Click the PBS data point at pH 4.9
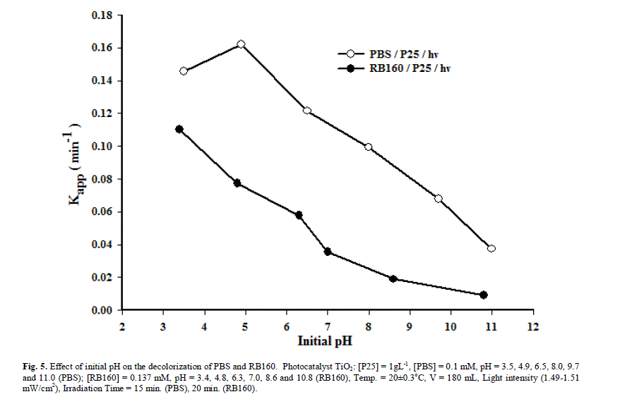(241, 44)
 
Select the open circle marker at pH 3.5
(184, 71)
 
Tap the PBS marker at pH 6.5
(307, 111)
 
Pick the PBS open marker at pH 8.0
(369, 147)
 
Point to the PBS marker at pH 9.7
(439, 199)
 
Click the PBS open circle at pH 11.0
(491, 248)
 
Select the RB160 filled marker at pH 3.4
(179, 129)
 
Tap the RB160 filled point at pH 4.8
(237, 183)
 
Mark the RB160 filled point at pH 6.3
(299, 215)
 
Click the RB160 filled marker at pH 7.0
(328, 252)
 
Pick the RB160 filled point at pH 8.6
(393, 279)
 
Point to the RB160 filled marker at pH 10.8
(484, 295)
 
